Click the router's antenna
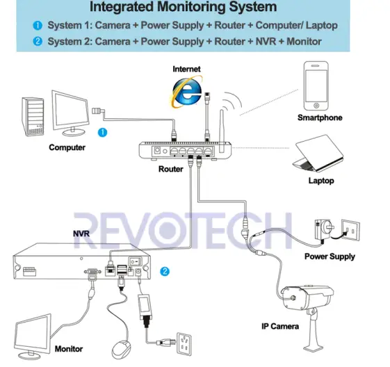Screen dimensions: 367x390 pos(223,124)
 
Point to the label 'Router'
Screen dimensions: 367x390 pos(171,169)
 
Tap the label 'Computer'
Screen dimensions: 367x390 pos(67,147)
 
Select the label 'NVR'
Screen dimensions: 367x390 pos(82,235)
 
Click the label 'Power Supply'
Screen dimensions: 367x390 pos(330,256)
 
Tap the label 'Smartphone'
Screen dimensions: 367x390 pos(320,118)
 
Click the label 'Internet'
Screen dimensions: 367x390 pos(186,70)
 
